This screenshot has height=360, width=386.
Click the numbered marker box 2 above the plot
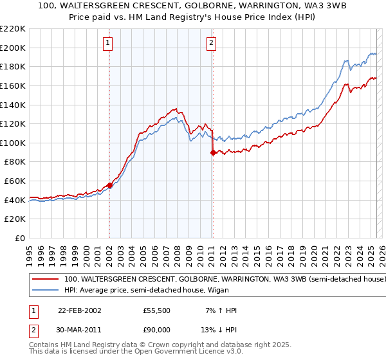[x=212, y=44]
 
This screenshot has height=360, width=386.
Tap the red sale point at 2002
[x=109, y=185]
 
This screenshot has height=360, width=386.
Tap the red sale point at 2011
[x=213, y=152]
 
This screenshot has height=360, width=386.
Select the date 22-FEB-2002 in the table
[x=80, y=310]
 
